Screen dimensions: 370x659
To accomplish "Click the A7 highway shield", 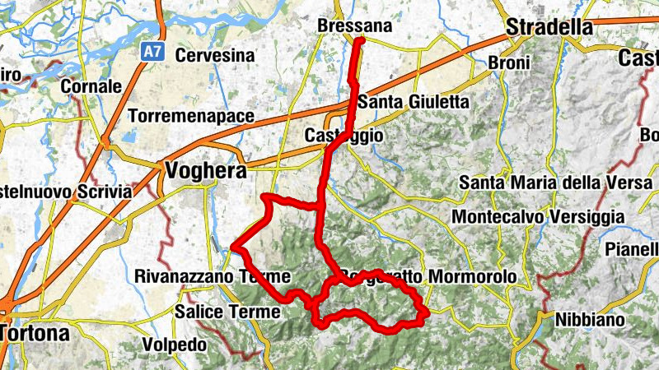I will pyautogui.click(x=152, y=52).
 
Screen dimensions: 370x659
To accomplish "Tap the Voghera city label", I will pyautogui.click(x=206, y=171).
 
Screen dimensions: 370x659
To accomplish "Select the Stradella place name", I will pyautogui.click(x=549, y=27).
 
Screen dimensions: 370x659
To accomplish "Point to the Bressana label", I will pyautogui.click(x=354, y=26).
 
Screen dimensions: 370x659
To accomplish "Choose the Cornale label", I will pyautogui.click(x=91, y=86).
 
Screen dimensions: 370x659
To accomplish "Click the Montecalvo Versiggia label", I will pyautogui.click(x=538, y=217).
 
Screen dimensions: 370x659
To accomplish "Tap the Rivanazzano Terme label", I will pyautogui.click(x=213, y=277).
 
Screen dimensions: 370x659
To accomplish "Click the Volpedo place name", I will pyautogui.click(x=174, y=345).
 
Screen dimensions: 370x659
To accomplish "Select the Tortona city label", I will pyautogui.click(x=35, y=334).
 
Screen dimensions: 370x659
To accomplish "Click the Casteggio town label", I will pyautogui.click(x=344, y=135).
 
